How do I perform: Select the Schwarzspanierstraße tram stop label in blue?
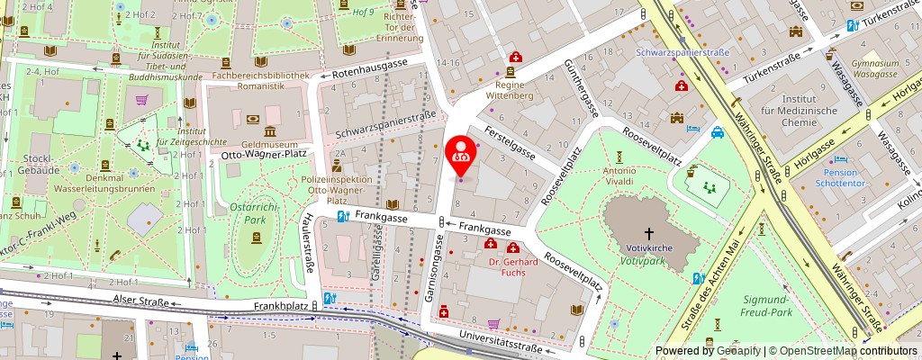click(x=682, y=53)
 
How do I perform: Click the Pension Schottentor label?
click(x=841, y=177)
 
